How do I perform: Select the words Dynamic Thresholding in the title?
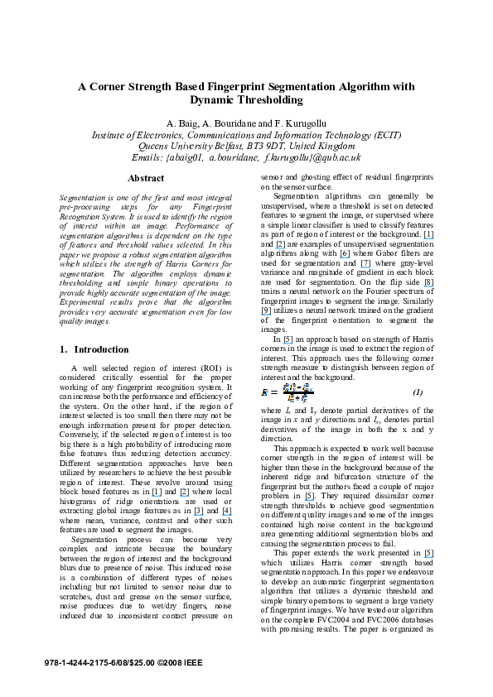[x=246, y=99]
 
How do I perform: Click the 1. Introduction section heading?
[x=94, y=349]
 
